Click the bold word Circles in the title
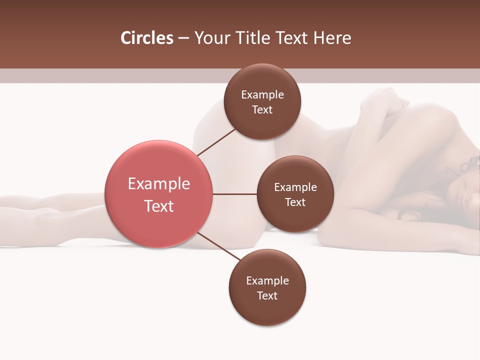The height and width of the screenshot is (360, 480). pyautogui.click(x=147, y=38)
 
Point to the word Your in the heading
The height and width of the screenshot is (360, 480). pyautogui.click(x=210, y=38)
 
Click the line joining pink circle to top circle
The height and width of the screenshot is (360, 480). pyautogui.click(x=216, y=141)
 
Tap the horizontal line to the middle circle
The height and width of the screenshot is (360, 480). pyautogui.click(x=234, y=194)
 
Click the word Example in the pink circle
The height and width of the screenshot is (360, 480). pyautogui.click(x=159, y=184)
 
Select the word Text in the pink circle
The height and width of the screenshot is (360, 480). pyautogui.click(x=159, y=206)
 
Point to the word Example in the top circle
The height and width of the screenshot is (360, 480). pyautogui.click(x=262, y=95)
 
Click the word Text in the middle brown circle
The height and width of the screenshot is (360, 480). pyautogui.click(x=295, y=202)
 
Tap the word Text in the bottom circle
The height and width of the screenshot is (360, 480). pyautogui.click(x=267, y=295)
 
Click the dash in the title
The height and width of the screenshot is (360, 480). pyautogui.click(x=183, y=38)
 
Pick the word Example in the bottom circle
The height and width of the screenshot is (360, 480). pyautogui.click(x=267, y=280)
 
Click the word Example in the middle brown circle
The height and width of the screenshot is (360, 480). pyautogui.click(x=295, y=187)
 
